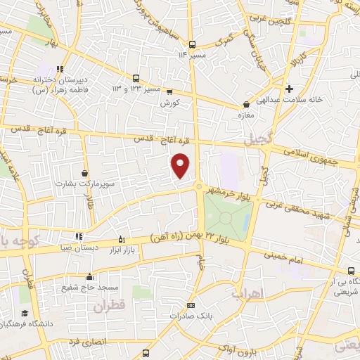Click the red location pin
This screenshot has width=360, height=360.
(x=181, y=165)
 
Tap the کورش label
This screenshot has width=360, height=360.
(x=166, y=102)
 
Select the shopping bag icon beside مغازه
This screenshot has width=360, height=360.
(x=245, y=105)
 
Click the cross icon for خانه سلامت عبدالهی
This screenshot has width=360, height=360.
(x=290, y=89)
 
